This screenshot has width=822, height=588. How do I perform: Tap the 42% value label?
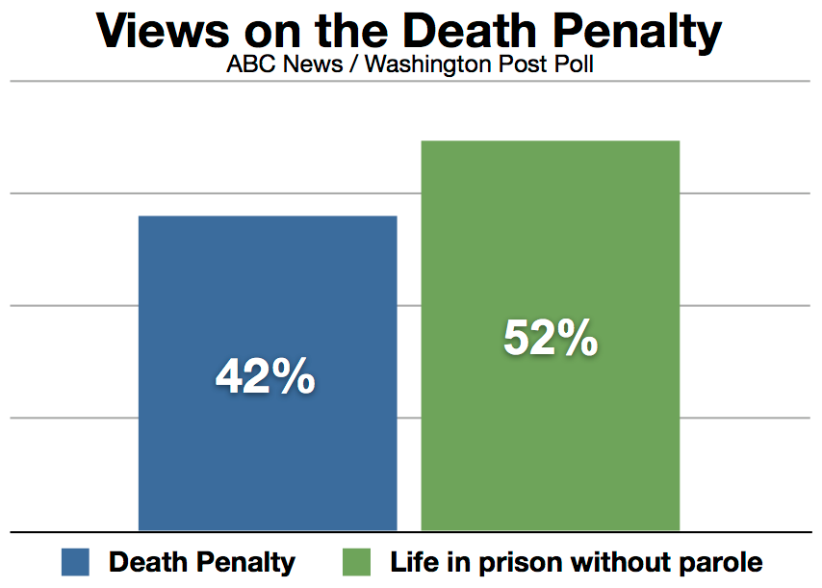(266, 377)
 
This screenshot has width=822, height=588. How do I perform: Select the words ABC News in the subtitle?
(268, 68)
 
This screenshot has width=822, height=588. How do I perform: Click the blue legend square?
(75, 562)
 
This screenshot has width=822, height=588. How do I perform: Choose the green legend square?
(357, 562)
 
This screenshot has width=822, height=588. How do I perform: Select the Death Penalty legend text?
(202, 562)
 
